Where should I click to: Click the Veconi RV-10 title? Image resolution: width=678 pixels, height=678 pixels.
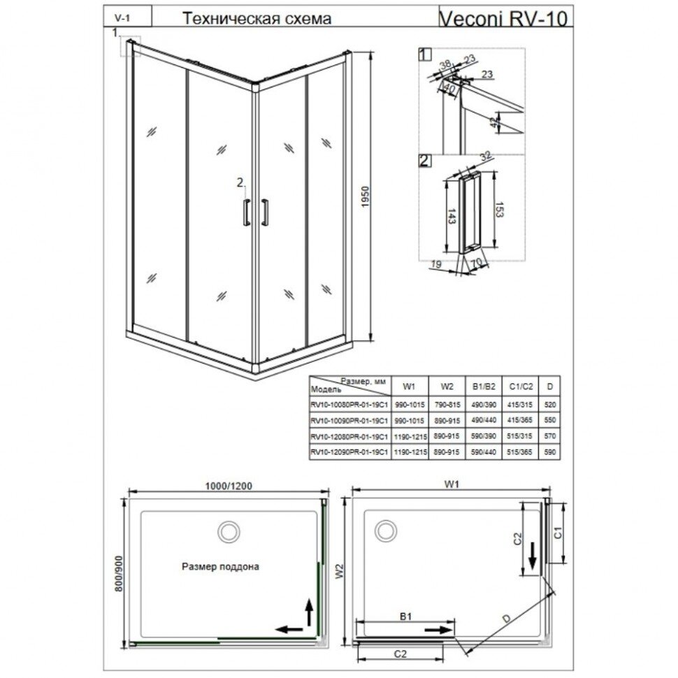point(504,17)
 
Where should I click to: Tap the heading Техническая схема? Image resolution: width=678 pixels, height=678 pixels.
point(256,20)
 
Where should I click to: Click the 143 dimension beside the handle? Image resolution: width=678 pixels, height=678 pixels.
point(454,215)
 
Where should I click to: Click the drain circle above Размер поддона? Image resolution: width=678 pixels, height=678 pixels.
point(228,531)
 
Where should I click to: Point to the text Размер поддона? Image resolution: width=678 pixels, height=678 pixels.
point(220,567)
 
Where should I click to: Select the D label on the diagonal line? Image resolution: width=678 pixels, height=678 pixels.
point(507,617)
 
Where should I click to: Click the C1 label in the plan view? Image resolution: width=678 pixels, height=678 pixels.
point(557,533)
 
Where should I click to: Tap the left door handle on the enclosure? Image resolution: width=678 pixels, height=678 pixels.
point(245,212)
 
